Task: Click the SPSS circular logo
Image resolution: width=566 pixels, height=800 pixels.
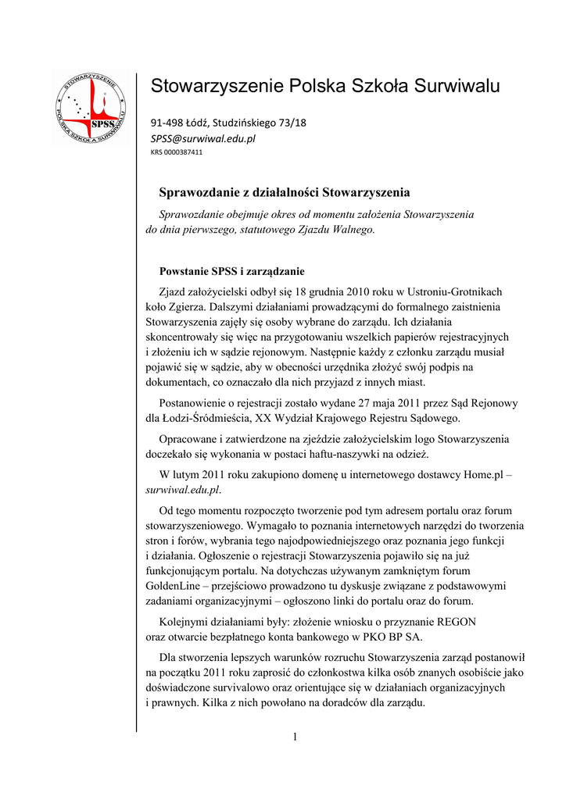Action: click(92, 106)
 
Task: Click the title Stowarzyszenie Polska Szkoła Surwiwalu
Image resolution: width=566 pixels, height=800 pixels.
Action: click(325, 85)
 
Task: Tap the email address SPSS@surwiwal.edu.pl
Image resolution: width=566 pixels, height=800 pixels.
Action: click(203, 138)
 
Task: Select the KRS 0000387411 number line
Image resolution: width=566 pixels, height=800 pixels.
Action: click(177, 152)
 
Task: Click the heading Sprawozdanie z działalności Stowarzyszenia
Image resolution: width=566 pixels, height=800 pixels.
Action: click(285, 192)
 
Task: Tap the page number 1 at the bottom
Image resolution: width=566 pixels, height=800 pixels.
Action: click(296, 737)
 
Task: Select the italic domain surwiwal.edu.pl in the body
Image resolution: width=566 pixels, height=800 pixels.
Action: click(183, 490)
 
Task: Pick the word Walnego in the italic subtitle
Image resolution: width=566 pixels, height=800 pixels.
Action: click(352, 230)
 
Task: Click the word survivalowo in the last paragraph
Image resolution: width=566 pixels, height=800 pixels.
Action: click(234, 687)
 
